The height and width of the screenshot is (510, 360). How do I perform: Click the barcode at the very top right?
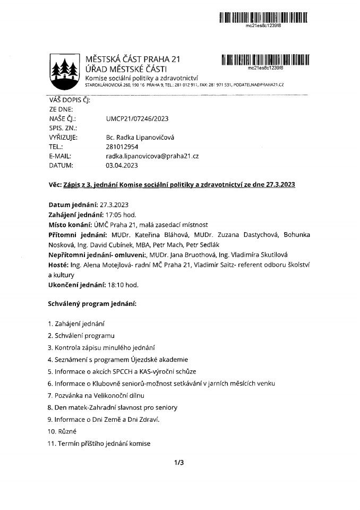264,18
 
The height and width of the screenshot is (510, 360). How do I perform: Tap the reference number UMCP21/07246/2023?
138,119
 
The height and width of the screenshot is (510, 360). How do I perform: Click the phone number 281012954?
122,147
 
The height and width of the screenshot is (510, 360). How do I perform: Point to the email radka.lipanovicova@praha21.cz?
152,156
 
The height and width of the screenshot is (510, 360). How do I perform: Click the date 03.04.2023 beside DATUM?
122,165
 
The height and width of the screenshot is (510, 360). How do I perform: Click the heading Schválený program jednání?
93,304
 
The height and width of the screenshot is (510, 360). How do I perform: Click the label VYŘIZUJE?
63,137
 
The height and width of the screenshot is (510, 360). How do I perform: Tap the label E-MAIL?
60,156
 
